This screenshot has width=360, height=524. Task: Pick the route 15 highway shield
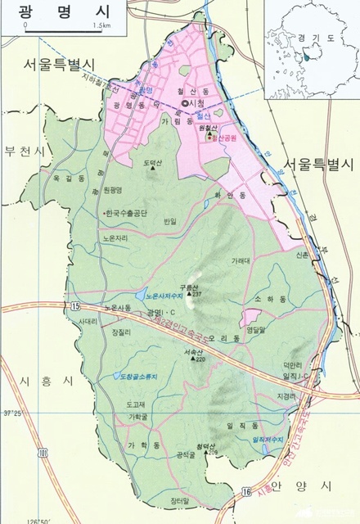(x=76, y=305)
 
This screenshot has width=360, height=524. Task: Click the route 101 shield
(x=42, y=450)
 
